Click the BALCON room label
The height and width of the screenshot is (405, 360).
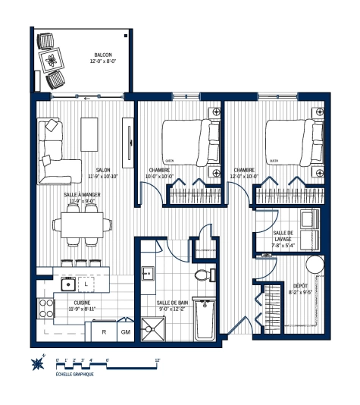[104, 55]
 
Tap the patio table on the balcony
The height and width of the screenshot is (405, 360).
[52, 60]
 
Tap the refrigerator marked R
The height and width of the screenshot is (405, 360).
[103, 331]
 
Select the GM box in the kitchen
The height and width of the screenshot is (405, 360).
[125, 331]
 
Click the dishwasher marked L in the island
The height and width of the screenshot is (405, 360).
[87, 284]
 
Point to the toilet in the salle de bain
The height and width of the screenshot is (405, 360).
[202, 275]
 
